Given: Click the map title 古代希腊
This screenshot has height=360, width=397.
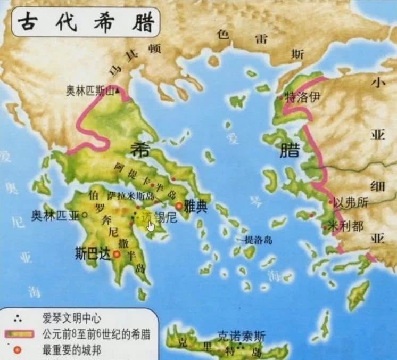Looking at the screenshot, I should click(x=86, y=22).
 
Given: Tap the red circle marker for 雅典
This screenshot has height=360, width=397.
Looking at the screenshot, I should click(x=179, y=206).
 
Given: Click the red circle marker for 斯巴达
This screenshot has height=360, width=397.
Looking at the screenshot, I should click(x=116, y=255).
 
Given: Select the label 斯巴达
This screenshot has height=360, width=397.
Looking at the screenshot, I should click(x=93, y=254).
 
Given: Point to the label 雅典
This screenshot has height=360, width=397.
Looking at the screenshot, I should click(x=195, y=207).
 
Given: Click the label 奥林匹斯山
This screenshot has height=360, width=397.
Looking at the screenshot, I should click(x=90, y=91).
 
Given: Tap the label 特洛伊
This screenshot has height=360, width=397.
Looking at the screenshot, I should click(x=304, y=97).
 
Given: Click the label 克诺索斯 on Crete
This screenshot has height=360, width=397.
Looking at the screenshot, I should click(x=242, y=336).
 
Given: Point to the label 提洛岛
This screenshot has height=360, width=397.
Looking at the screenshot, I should click(x=258, y=240).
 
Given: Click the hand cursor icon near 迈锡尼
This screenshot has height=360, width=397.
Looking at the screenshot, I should click(x=151, y=225).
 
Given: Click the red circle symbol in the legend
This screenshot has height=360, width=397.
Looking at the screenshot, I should click(x=20, y=351).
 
